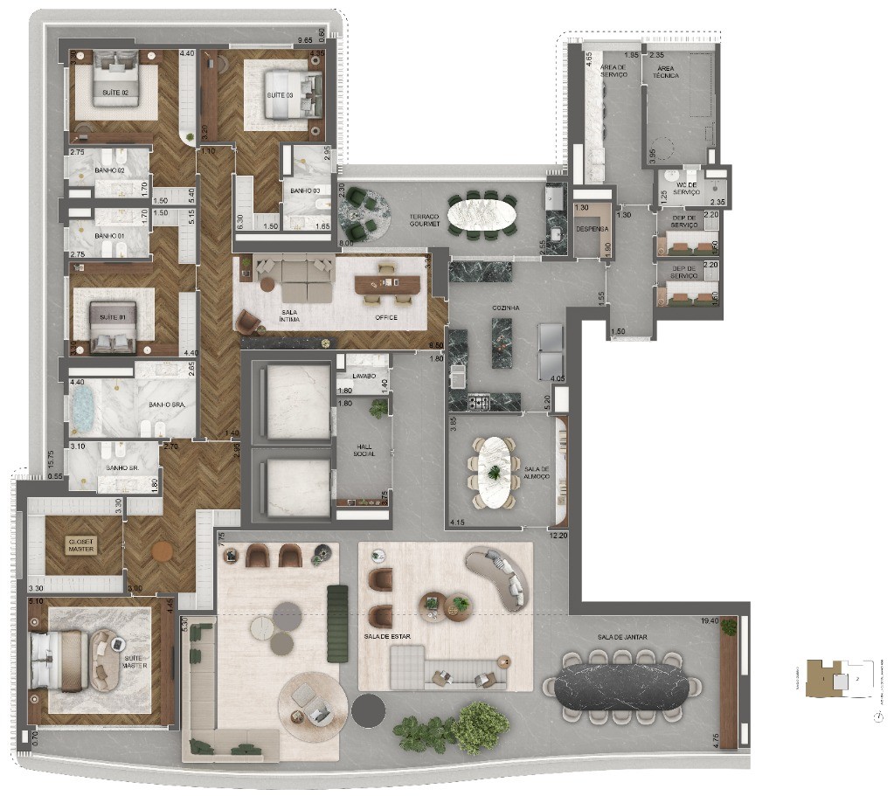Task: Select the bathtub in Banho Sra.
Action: click(x=84, y=409)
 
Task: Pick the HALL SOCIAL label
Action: click(x=364, y=450)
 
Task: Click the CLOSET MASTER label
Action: click(x=80, y=545)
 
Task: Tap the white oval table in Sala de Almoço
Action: click(x=496, y=472)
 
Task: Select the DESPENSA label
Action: click(x=591, y=229)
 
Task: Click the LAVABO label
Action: click(x=365, y=376)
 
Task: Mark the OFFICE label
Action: click(x=385, y=317)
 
